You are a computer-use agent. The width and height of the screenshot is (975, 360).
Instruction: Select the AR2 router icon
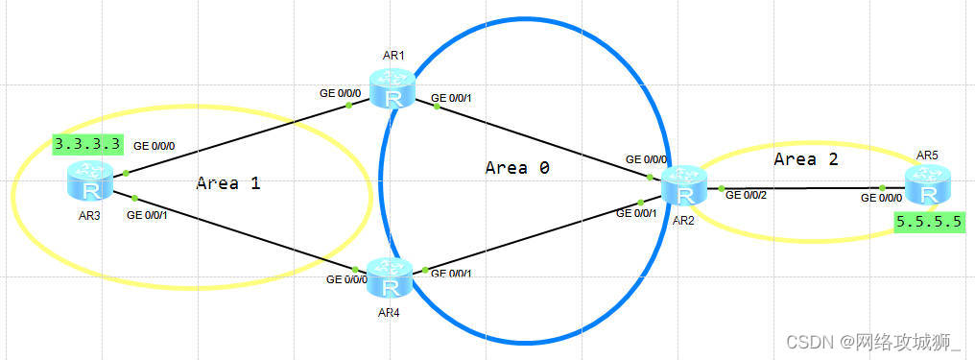(685, 184)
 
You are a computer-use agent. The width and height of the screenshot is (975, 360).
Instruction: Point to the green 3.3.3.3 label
(87, 144)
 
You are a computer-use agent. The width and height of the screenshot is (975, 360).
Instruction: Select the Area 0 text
(517, 167)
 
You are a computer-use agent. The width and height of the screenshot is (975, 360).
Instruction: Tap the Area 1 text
(228, 182)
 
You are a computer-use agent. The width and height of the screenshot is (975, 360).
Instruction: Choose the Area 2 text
(805, 159)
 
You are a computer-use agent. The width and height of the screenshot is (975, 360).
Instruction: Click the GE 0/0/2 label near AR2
(747, 196)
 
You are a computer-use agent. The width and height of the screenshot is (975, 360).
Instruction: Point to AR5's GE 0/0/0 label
(881, 197)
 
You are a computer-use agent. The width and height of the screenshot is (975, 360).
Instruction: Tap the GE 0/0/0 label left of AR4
(346, 280)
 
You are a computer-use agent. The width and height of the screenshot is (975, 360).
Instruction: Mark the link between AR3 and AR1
(235, 139)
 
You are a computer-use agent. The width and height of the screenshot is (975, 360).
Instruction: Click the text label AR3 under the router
(89, 214)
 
